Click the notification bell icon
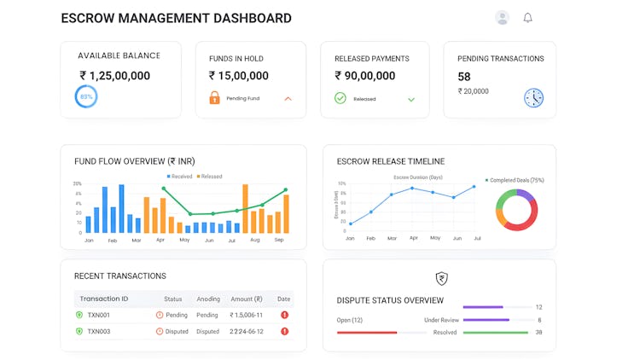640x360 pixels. pos(527,18)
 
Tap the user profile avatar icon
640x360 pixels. pos(502,18)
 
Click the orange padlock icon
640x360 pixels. pos(214,98)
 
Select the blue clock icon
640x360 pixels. pos(533,97)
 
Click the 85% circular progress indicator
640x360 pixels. pos(86,97)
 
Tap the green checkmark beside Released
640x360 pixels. pos(340,98)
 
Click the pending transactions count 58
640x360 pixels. pos(464,77)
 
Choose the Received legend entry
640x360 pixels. pos(180,177)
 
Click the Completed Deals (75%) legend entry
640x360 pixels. pos(515,181)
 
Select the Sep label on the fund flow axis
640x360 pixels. pos(279,241)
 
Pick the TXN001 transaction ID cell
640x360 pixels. pos(98,315)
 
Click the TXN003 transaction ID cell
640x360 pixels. pos(98,331)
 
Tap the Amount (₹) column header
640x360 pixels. pos(247,299)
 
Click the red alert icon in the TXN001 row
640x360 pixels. pos(284,315)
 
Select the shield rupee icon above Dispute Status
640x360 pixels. pos(441,278)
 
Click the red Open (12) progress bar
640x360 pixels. pos(367,332)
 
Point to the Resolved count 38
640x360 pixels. pos(538,333)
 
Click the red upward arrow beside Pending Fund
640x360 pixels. pos(288,98)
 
